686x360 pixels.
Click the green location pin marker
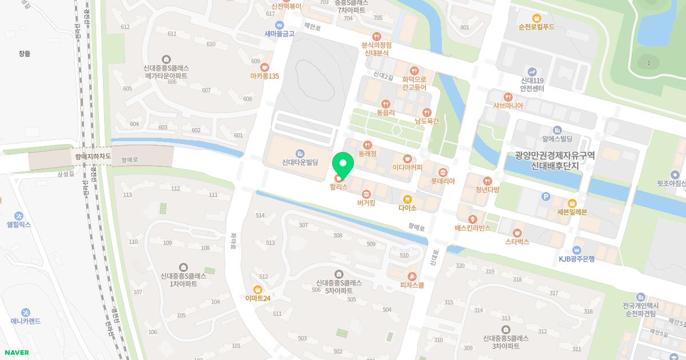tap(343, 165)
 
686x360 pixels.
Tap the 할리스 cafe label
tap(338, 187)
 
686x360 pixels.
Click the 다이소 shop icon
tap(407, 199)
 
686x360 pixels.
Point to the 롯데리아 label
tap(442, 181)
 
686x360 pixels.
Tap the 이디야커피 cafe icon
tap(407, 158)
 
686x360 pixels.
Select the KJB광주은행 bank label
tap(577, 259)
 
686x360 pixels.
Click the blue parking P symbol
tap(545, 197)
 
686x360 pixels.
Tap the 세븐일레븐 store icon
tap(572, 203)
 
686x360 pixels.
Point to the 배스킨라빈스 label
tap(473, 228)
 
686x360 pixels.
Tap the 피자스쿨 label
tap(412, 285)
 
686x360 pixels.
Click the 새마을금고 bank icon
tap(279, 25)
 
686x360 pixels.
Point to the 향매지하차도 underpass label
tap(93, 155)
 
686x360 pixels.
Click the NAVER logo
tap(17, 353)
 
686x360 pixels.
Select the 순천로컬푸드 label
tap(536, 27)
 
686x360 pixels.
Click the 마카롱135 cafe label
tap(264, 76)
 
